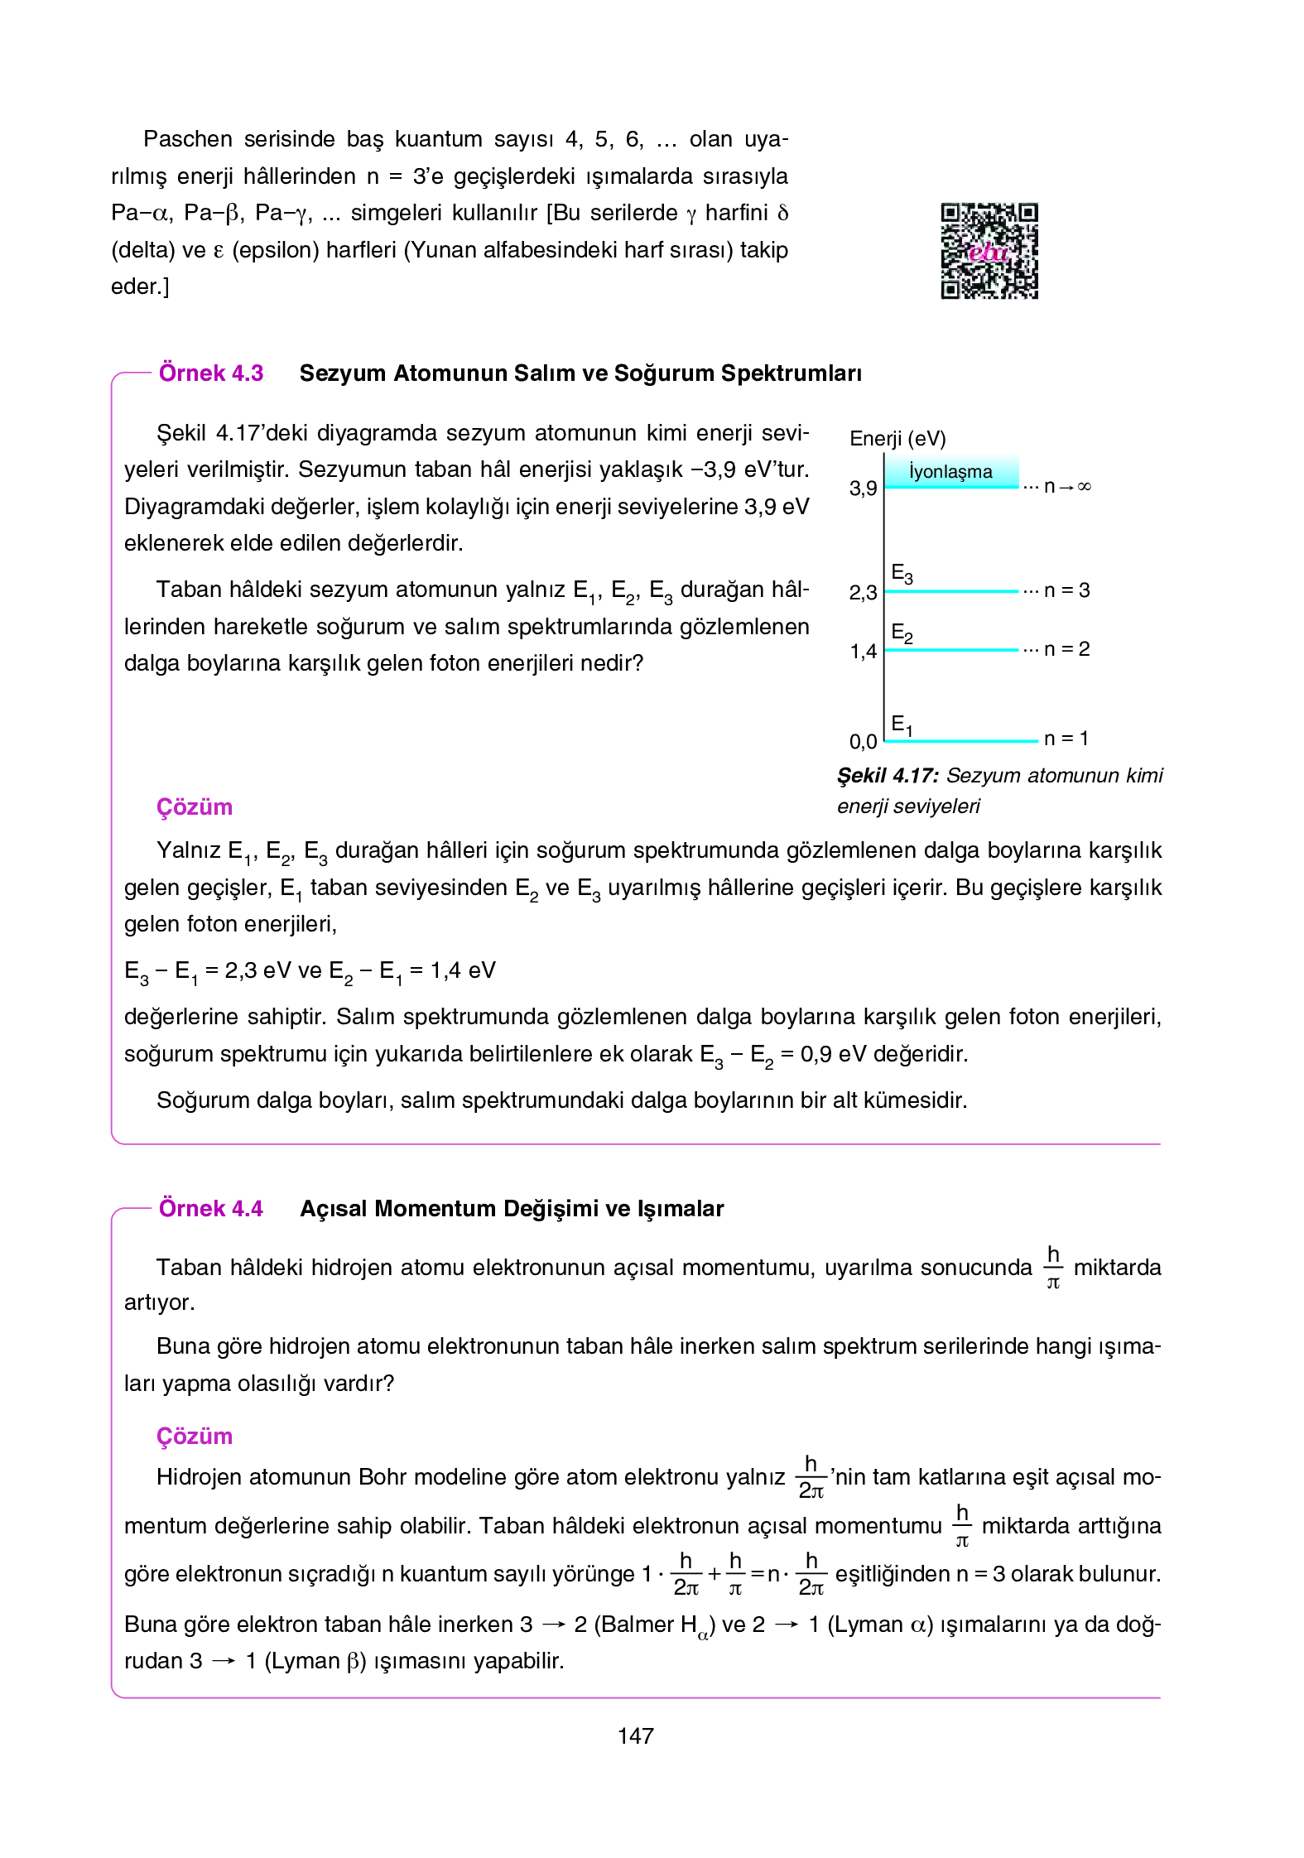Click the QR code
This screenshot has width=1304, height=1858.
click(x=989, y=251)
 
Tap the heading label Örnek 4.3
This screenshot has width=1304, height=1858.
click(x=211, y=373)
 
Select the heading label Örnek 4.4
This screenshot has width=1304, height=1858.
click(x=211, y=1209)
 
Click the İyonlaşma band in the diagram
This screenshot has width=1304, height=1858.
click(x=951, y=472)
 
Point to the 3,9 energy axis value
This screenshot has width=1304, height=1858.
click(x=863, y=489)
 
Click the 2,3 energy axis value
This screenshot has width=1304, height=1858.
click(x=863, y=593)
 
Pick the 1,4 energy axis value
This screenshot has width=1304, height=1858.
click(x=863, y=652)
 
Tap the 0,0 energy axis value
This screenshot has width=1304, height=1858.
click(x=863, y=742)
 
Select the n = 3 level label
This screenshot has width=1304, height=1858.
click(x=1066, y=590)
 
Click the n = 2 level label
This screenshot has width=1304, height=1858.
click(x=1066, y=649)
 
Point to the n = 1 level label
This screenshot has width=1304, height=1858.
click(x=1066, y=739)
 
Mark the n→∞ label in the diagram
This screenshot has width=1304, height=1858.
click(x=1067, y=487)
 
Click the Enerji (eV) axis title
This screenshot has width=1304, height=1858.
click(x=897, y=439)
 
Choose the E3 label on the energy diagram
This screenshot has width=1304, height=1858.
click(x=902, y=573)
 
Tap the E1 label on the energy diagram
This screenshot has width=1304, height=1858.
click(x=902, y=725)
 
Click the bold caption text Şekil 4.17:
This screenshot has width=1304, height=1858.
click(x=888, y=776)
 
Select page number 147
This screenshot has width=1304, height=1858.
click(x=636, y=1736)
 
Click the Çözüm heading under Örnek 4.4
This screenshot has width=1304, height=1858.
click(x=195, y=1437)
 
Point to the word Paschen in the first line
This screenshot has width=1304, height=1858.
click(x=188, y=139)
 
